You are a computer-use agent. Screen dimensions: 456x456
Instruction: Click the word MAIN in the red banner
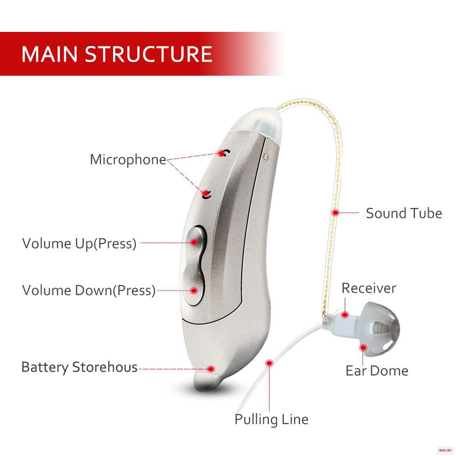[51, 54]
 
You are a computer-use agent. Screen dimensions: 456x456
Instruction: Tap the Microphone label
[128, 160]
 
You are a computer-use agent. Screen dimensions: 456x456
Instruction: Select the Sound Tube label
[404, 213]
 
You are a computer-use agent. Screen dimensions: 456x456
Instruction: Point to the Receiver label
[369, 288]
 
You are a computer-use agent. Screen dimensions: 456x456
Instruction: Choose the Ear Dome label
[377, 370]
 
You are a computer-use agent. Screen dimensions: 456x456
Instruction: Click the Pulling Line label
[271, 419]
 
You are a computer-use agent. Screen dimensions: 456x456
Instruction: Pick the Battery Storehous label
[79, 367]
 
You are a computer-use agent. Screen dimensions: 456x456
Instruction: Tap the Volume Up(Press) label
[79, 244]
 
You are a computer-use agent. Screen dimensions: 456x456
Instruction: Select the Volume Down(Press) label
[89, 290]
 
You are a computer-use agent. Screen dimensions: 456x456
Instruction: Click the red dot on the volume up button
[195, 242]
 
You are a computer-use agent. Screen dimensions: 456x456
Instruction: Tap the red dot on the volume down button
[194, 290]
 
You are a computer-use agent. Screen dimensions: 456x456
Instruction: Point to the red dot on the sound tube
[335, 212]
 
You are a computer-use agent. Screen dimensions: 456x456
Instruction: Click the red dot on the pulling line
[269, 363]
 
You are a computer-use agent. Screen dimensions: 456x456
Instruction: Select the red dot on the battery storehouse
[211, 368]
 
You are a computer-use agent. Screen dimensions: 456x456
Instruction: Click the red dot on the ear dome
[363, 348]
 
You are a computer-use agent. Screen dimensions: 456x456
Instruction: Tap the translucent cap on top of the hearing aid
[259, 121]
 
